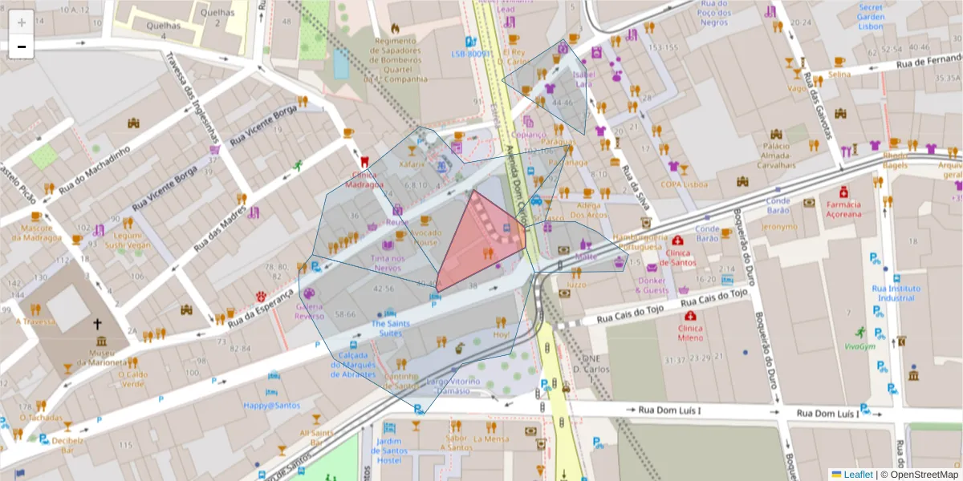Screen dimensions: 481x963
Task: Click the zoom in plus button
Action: [22, 22]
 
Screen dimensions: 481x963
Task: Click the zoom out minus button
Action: [22, 46]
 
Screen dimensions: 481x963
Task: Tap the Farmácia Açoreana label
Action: [843, 209]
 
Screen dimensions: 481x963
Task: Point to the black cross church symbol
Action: [98, 325]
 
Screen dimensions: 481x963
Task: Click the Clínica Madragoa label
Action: [365, 180]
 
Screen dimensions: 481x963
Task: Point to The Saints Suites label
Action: [390, 328]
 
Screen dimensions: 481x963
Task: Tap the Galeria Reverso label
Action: [310, 311]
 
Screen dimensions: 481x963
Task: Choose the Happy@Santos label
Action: [272, 406]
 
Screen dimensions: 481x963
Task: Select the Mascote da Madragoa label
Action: [37, 232]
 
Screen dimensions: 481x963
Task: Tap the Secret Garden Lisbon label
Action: [870, 17]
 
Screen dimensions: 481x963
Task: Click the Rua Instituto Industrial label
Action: [895, 293]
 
